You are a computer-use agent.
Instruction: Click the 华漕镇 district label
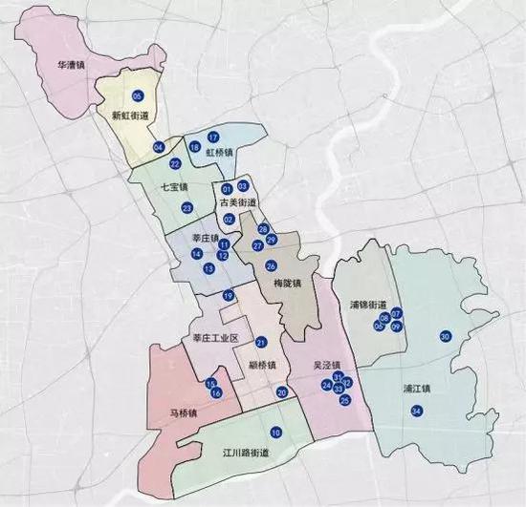pos(71,67)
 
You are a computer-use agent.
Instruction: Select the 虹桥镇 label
pos(218,152)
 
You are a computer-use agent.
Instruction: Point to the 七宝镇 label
pos(173,187)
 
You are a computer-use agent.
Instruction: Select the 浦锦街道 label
pos(368,304)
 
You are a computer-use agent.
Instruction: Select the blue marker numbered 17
pos(213,137)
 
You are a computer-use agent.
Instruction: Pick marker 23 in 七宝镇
pos(186,207)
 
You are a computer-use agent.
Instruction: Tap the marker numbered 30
pos(445,336)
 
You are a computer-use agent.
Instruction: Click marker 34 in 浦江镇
pos(415,411)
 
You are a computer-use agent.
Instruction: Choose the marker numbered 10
pos(275,433)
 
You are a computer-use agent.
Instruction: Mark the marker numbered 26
pos(271,265)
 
